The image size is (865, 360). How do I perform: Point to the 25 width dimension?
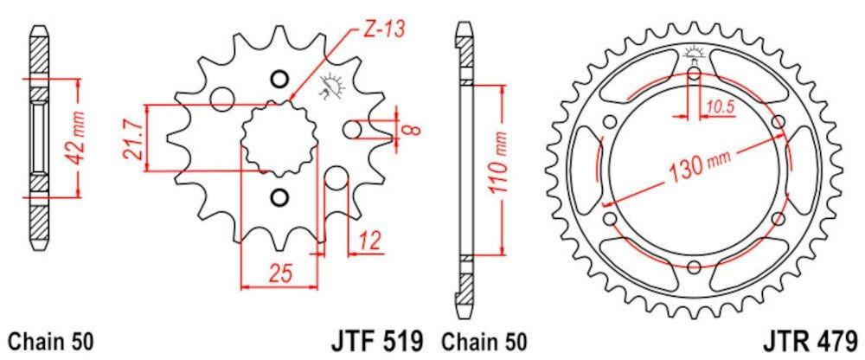(x=279, y=273)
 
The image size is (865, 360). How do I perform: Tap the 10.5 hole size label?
(x=719, y=107)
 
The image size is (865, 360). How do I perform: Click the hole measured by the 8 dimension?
(x=352, y=130)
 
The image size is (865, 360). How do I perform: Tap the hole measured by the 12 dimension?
(x=336, y=180)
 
